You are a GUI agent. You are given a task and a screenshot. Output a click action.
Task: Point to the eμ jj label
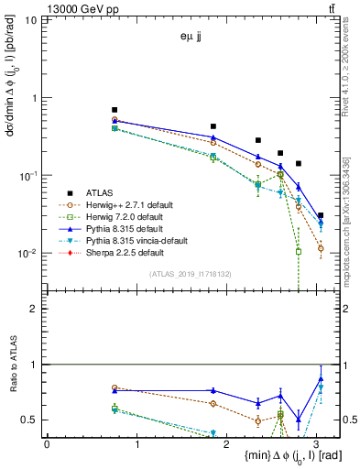pos(192,38)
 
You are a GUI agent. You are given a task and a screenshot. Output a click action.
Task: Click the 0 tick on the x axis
pos(47,443)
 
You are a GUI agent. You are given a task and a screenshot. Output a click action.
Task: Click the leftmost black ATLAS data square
pos(115,110)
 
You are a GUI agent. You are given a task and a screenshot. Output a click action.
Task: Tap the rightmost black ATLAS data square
pos(321,215)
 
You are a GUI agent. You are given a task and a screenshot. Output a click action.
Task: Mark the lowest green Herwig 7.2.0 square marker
pos(299,251)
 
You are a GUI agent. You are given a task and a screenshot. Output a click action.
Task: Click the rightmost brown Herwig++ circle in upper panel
pos(321,248)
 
